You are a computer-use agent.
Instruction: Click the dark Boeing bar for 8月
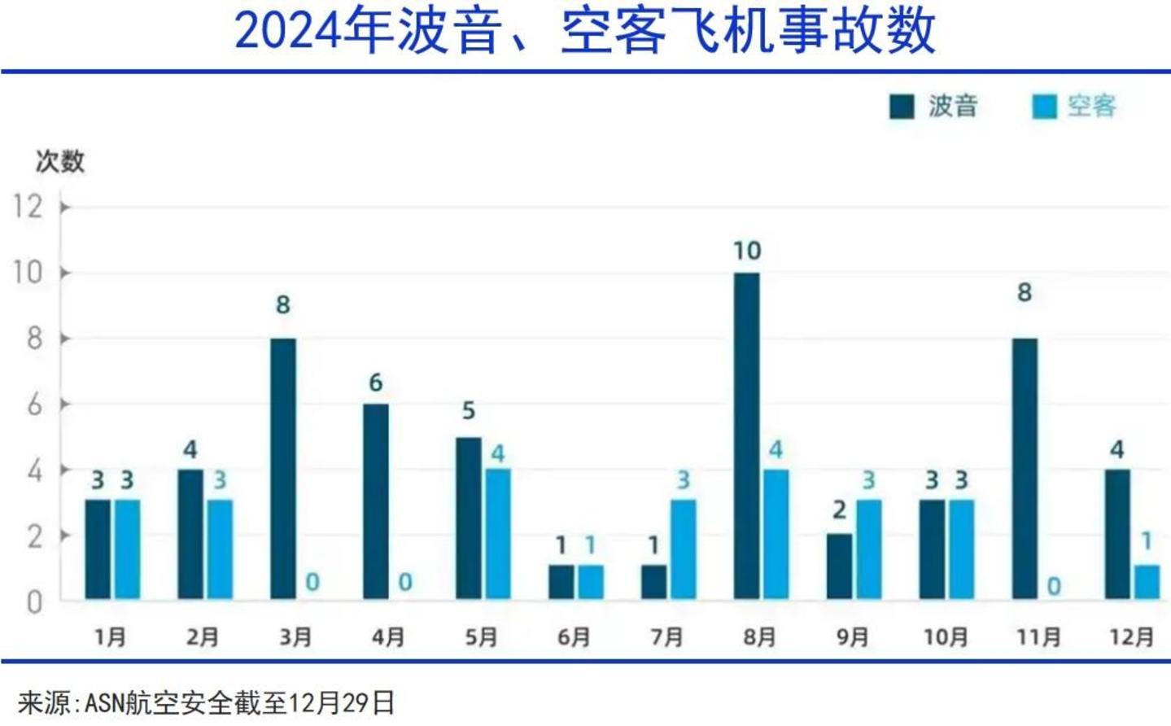click(746, 436)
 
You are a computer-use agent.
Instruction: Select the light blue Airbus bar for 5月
click(497, 534)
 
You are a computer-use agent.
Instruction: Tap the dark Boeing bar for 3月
click(282, 469)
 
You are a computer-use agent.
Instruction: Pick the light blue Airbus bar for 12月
click(1146, 583)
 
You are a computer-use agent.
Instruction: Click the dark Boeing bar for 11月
click(1025, 469)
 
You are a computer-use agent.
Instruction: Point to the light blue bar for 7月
click(683, 549)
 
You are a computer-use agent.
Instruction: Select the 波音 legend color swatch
click(902, 107)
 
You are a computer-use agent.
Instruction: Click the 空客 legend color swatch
click(1044, 107)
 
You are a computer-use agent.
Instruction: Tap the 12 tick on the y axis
click(28, 207)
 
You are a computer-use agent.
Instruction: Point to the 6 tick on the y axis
click(34, 405)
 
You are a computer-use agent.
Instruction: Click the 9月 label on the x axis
click(852, 636)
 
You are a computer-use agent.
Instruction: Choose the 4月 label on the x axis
click(388, 636)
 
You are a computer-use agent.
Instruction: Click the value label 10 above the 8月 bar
click(746, 251)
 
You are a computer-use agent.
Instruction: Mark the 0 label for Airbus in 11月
click(1054, 586)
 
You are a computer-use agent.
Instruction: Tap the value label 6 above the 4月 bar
click(375, 383)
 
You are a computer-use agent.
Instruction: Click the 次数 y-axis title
click(59, 161)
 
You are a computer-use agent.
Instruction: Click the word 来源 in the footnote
click(44, 702)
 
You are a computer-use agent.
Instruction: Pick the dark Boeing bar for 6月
click(561, 583)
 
